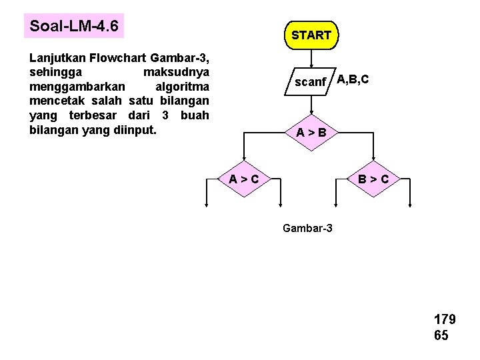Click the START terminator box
(x=311, y=35)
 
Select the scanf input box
(x=311, y=83)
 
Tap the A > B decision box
(x=311, y=132)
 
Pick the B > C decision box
(x=378, y=179)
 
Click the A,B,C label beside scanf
(x=353, y=80)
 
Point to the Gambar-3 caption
(x=308, y=229)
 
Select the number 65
(x=441, y=335)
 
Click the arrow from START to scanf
(x=311, y=58)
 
